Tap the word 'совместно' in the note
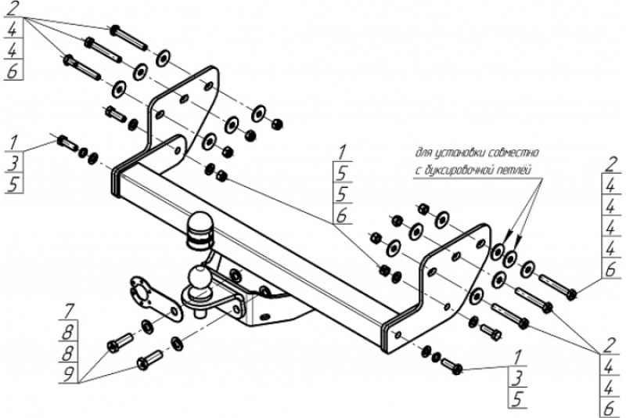tap(513, 152)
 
